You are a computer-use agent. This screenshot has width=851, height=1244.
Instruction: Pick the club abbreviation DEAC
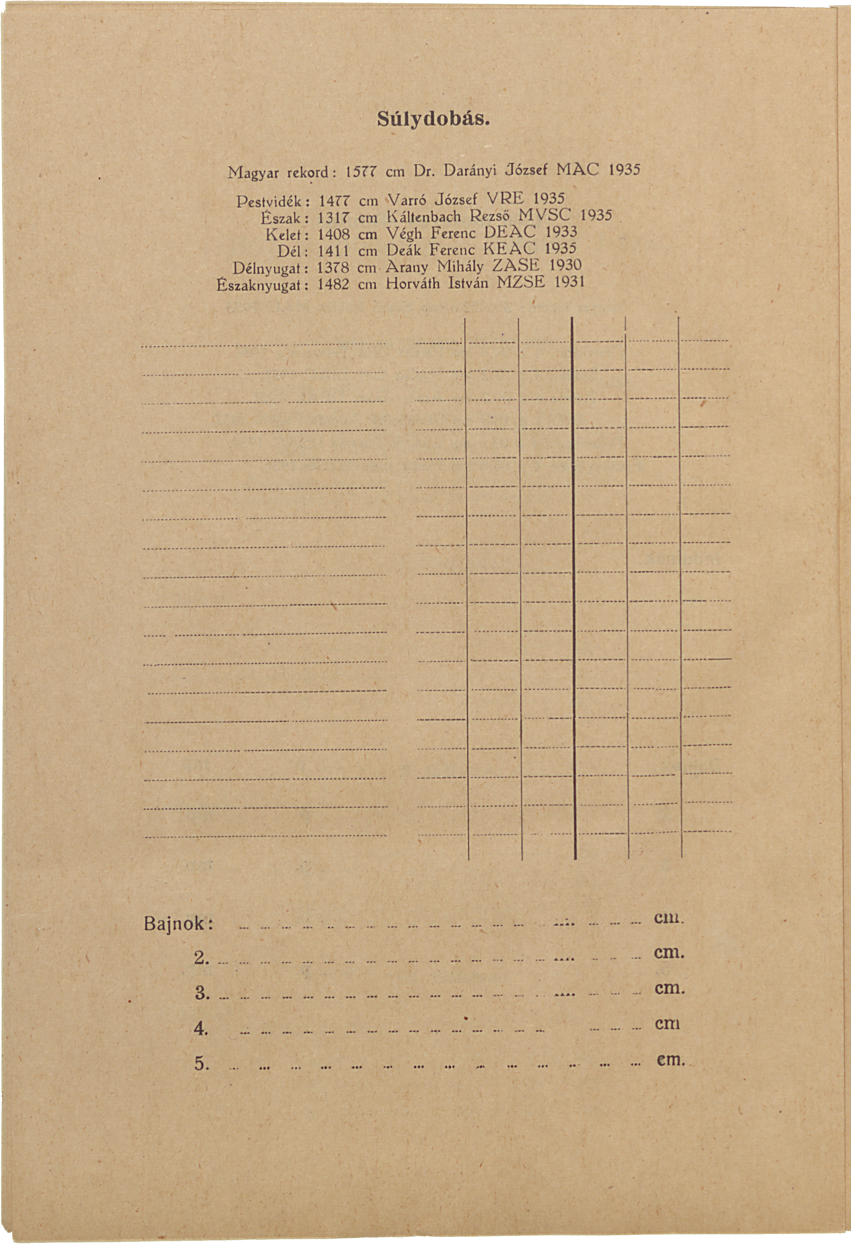click(509, 232)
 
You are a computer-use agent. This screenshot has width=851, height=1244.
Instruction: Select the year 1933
click(561, 232)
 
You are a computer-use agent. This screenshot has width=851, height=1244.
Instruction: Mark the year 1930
click(565, 265)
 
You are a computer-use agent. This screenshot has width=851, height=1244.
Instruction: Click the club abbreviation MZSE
click(521, 282)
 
